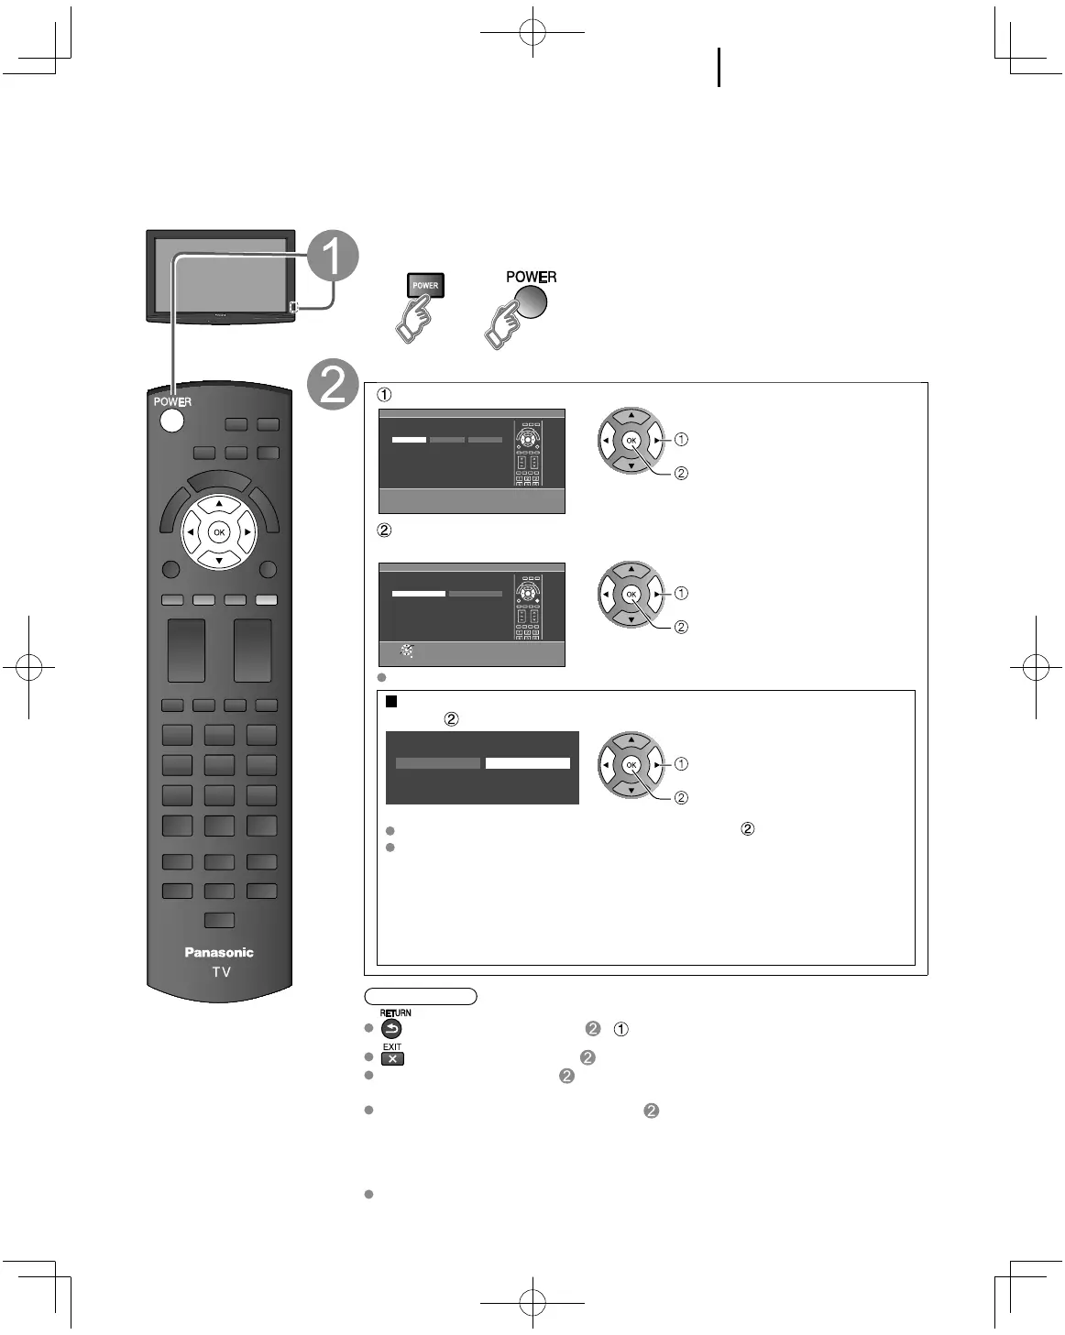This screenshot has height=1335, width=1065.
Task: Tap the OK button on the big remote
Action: click(x=218, y=532)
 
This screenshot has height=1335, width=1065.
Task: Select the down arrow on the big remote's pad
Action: click(x=218, y=559)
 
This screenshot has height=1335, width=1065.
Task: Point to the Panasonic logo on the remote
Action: click(x=219, y=952)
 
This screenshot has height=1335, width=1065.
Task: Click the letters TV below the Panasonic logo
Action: click(x=221, y=972)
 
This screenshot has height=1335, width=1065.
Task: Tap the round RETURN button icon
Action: click(x=391, y=1029)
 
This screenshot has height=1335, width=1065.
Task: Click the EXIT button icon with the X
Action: click(x=392, y=1058)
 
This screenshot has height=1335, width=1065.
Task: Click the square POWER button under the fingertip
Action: click(x=425, y=285)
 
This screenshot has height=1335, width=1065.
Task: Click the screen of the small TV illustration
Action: click(x=220, y=273)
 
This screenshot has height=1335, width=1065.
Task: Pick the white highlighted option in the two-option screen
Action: click(x=527, y=763)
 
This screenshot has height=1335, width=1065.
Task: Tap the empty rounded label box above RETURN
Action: click(x=421, y=996)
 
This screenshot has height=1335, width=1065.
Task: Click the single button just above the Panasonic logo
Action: click(x=219, y=920)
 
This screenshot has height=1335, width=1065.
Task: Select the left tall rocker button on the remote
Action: click(x=186, y=651)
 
